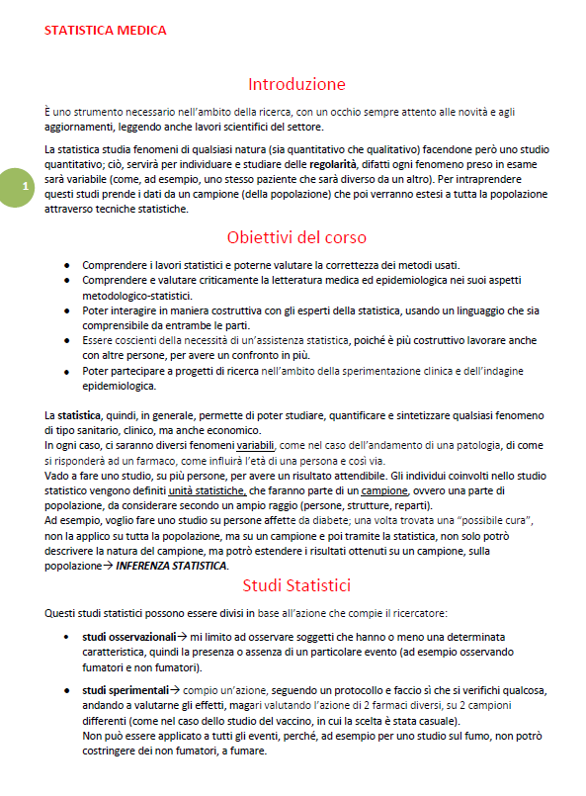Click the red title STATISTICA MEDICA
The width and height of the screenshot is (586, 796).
[106, 30]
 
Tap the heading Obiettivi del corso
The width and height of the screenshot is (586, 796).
[296, 237]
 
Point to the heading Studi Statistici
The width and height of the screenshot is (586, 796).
[296, 585]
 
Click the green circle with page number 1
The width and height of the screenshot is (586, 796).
[14, 186]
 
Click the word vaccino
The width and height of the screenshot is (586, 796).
[249, 721]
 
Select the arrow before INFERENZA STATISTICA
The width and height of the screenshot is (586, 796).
[110, 566]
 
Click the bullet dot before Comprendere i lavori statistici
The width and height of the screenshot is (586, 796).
[65, 265]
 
